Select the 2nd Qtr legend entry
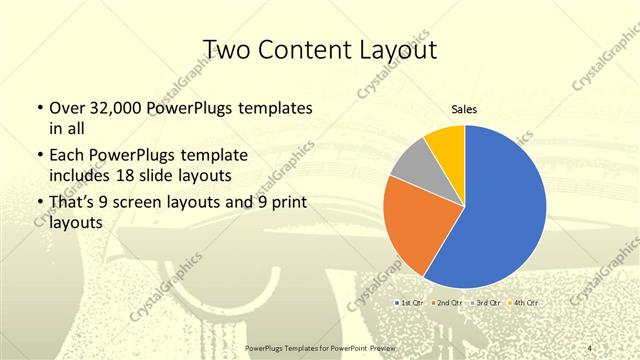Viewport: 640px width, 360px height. pyautogui.click(x=448, y=301)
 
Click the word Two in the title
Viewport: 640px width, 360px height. pyautogui.click(x=227, y=50)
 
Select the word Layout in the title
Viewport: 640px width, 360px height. pyautogui.click(x=394, y=50)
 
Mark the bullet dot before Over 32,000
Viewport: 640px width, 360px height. pyautogui.click(x=38, y=107)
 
